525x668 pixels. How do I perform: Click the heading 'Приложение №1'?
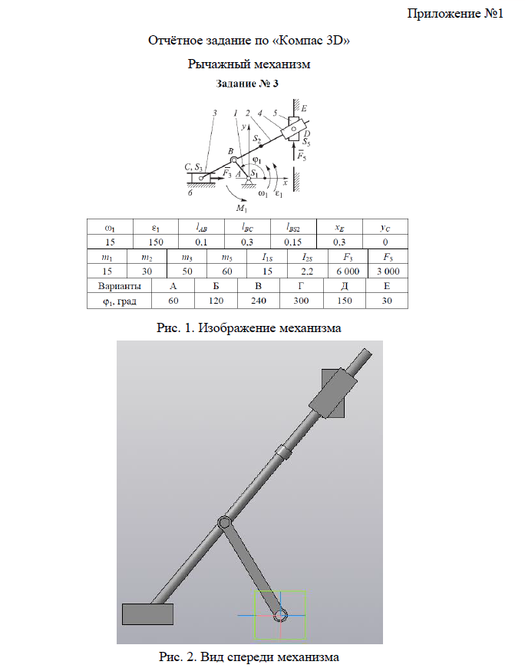pos(455,14)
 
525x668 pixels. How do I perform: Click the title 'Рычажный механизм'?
pos(249,64)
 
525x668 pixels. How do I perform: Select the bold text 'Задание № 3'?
pos(247,84)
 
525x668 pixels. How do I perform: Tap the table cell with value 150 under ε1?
pos(156,242)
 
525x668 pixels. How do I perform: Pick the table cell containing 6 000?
pos(348,271)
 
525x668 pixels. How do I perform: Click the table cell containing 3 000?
pos(388,271)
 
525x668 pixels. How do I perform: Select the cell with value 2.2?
pos(307,271)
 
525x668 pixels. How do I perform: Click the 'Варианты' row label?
pos(120,286)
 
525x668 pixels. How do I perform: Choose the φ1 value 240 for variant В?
pos(259,301)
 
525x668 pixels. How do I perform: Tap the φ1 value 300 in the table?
pos(301,301)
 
